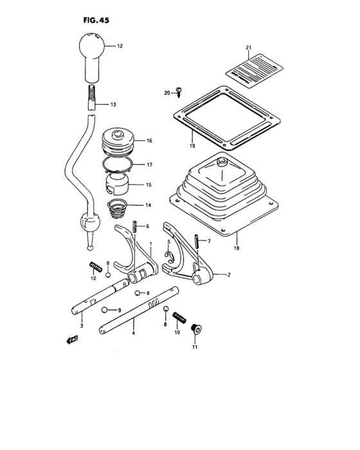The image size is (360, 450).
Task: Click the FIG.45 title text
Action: pos(96,20)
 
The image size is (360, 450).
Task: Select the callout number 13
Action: pos(113,104)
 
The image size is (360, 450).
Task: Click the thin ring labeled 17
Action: pos(120,166)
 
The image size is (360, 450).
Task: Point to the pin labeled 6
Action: pos(136,226)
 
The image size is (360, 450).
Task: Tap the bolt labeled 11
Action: pos(197,329)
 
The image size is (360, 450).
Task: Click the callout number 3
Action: pos(82,327)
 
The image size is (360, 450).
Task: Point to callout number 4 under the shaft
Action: pos(133,333)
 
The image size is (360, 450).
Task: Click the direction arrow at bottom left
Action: pos(67,341)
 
